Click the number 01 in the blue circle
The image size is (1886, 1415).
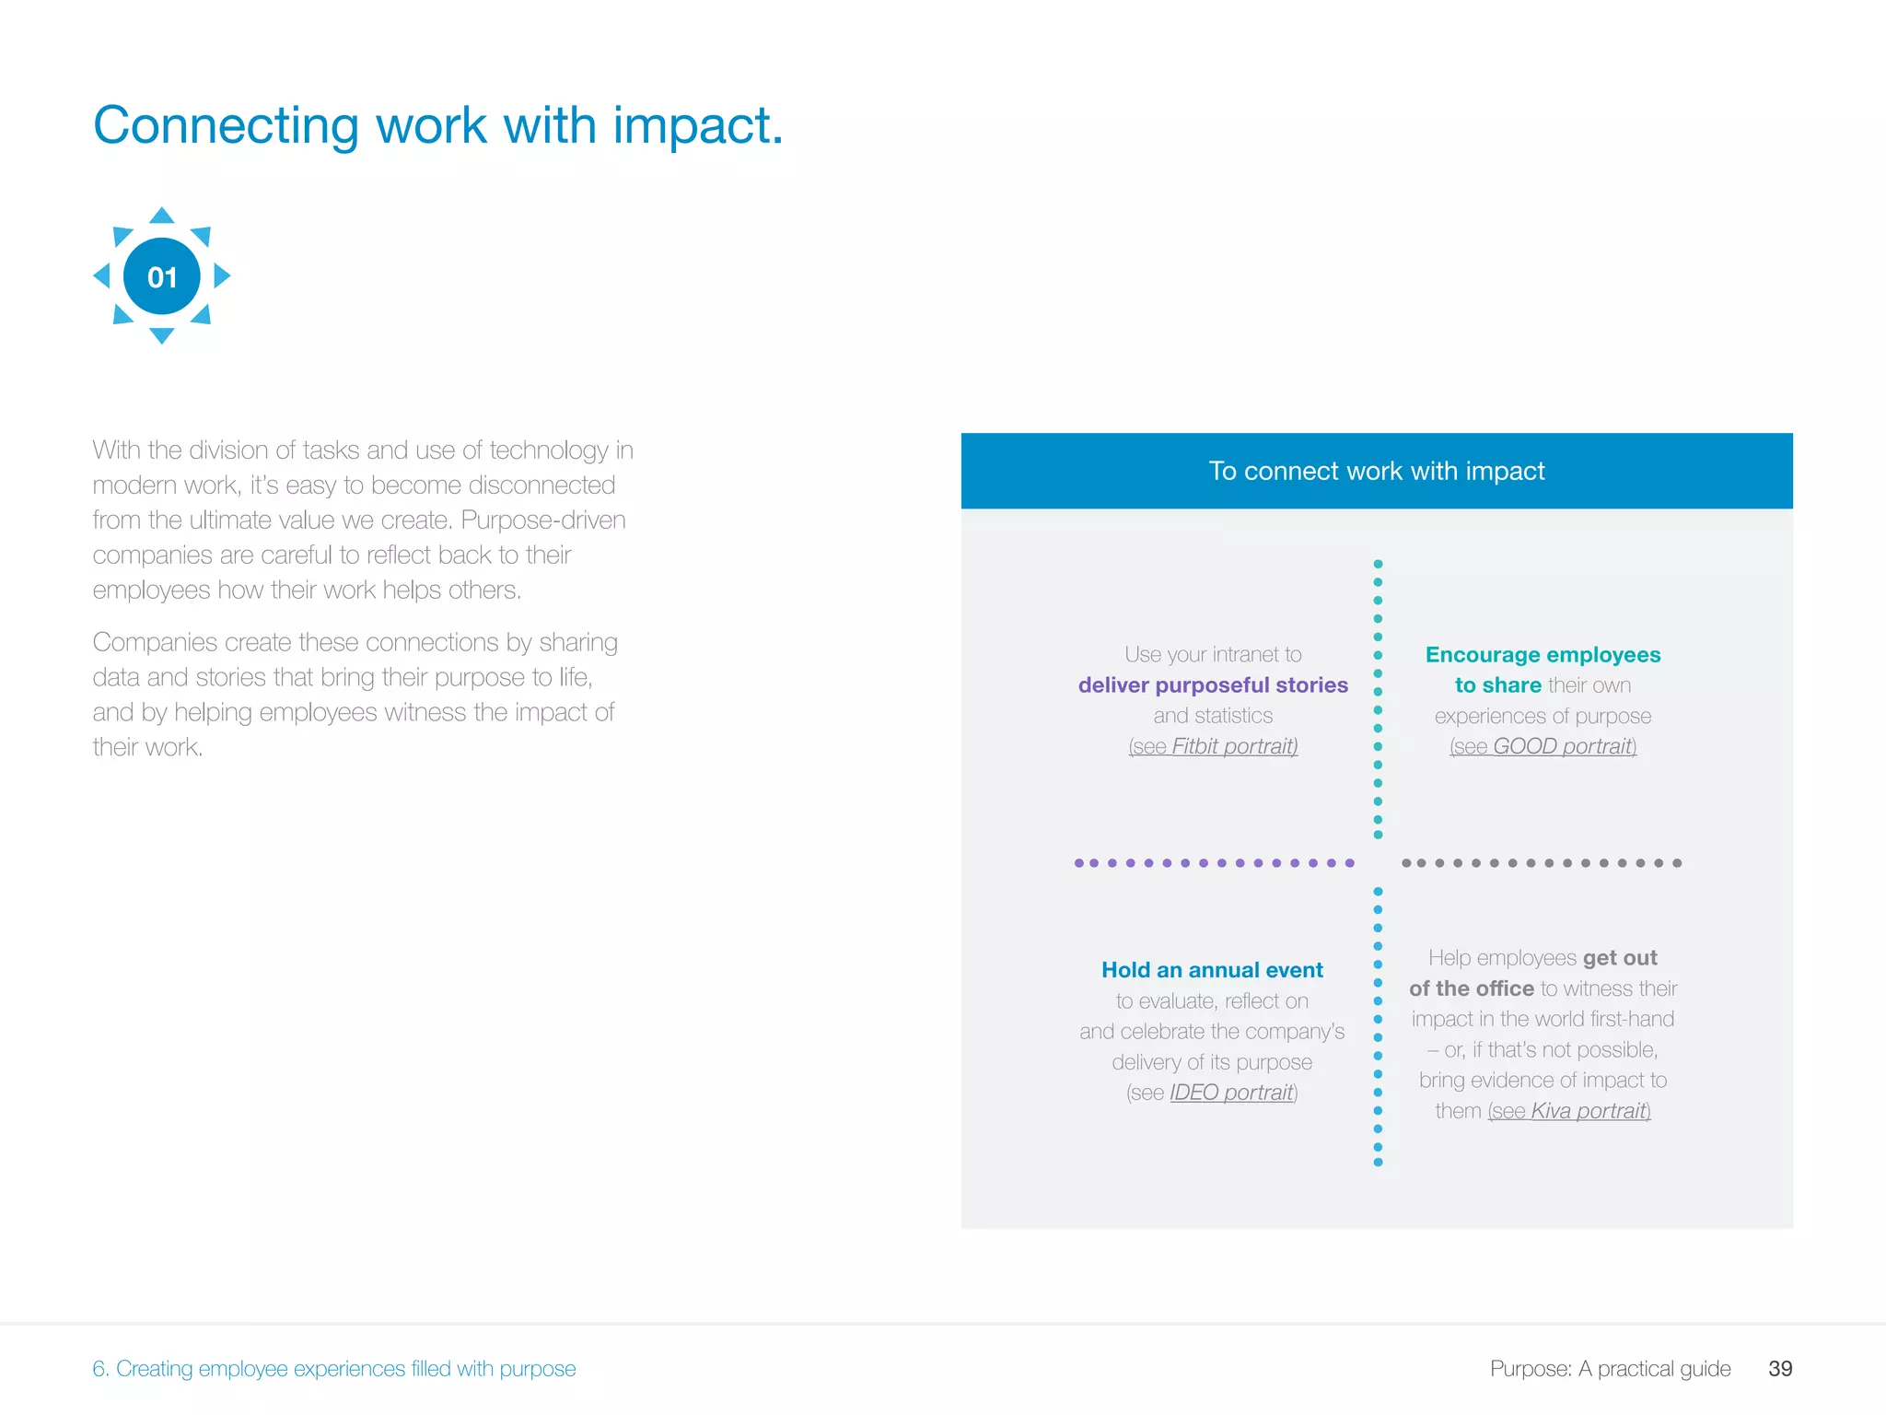[162, 276]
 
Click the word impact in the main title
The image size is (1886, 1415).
[697, 125]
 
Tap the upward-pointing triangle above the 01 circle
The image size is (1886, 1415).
[162, 216]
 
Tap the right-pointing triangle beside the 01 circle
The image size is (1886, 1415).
[221, 275]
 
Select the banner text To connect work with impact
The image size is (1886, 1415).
[1376, 471]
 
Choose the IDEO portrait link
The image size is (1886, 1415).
[1231, 1093]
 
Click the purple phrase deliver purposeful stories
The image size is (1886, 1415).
[1213, 685]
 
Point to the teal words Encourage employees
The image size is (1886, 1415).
[1543, 655]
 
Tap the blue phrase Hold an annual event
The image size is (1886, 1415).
[1212, 970]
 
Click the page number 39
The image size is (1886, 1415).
[1779, 1368]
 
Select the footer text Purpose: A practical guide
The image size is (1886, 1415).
[1610, 1368]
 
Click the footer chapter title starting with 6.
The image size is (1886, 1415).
[333, 1368]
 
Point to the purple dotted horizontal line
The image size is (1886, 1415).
[1214, 863]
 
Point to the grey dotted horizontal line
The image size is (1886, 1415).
[1541, 863]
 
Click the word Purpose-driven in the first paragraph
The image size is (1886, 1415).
[542, 520]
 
